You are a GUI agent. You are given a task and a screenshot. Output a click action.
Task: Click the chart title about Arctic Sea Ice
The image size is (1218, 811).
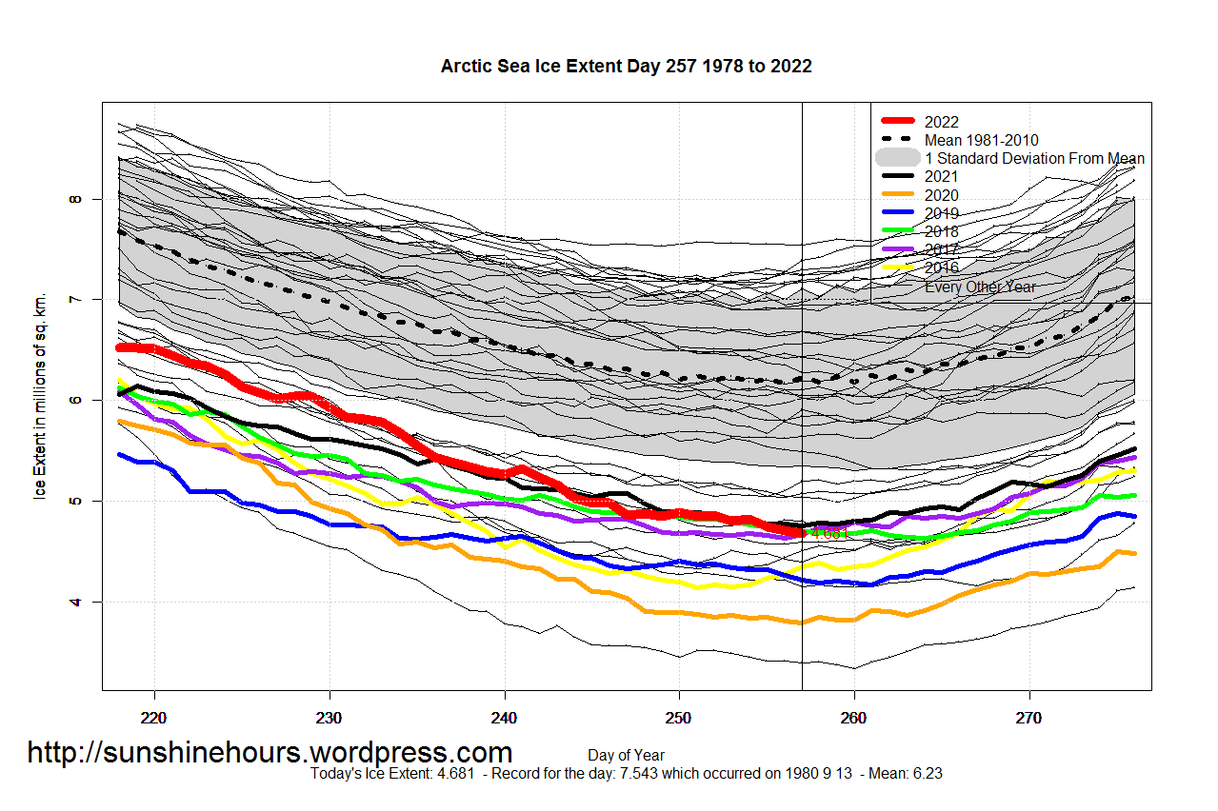(626, 67)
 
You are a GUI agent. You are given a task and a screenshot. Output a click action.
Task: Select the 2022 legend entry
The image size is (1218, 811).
(941, 122)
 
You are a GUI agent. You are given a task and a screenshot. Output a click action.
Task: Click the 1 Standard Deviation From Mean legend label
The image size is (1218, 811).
(1034, 158)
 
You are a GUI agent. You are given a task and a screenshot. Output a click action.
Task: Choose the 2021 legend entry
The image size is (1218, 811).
(941, 176)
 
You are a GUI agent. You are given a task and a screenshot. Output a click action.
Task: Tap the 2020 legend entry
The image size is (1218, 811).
(941, 195)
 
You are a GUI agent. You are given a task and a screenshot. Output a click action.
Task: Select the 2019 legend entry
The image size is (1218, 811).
(941, 213)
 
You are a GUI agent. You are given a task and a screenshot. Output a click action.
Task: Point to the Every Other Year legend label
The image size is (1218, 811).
(980, 287)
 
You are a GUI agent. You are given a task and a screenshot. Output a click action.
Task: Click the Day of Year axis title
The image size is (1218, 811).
(626, 756)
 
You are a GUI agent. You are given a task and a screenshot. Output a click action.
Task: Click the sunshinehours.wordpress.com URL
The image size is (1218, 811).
(270, 752)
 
